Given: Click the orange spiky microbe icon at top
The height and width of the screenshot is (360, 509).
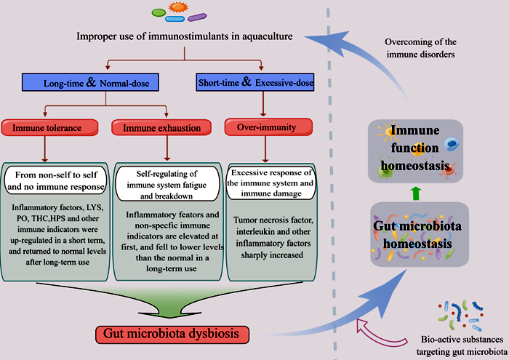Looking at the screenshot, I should tap(176, 7).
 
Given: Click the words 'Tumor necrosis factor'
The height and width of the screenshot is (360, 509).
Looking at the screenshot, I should tap(270, 220).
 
